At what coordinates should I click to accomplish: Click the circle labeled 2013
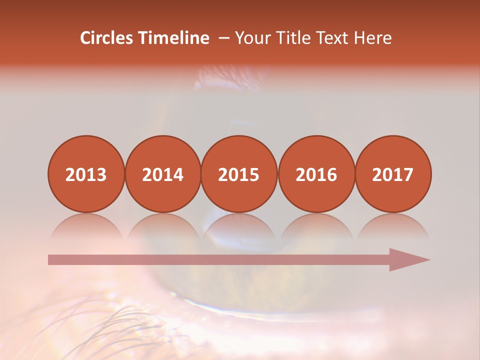[x=86, y=174]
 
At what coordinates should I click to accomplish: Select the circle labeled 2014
[x=163, y=174]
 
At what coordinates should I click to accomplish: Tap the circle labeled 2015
[x=239, y=174]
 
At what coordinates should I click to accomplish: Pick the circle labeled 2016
[x=316, y=174]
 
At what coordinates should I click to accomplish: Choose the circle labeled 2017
[x=393, y=174]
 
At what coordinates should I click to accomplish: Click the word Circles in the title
[x=107, y=38]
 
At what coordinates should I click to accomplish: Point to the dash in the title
[x=224, y=38]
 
